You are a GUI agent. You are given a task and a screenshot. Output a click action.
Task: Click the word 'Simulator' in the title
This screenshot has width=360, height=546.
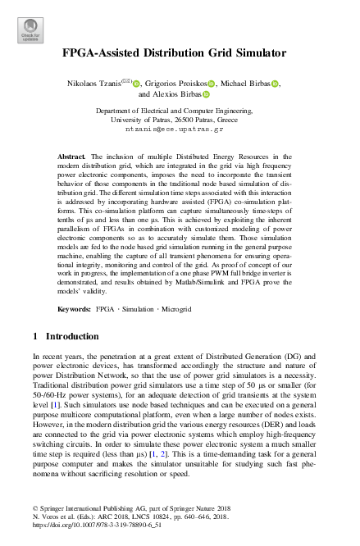[255, 53]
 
